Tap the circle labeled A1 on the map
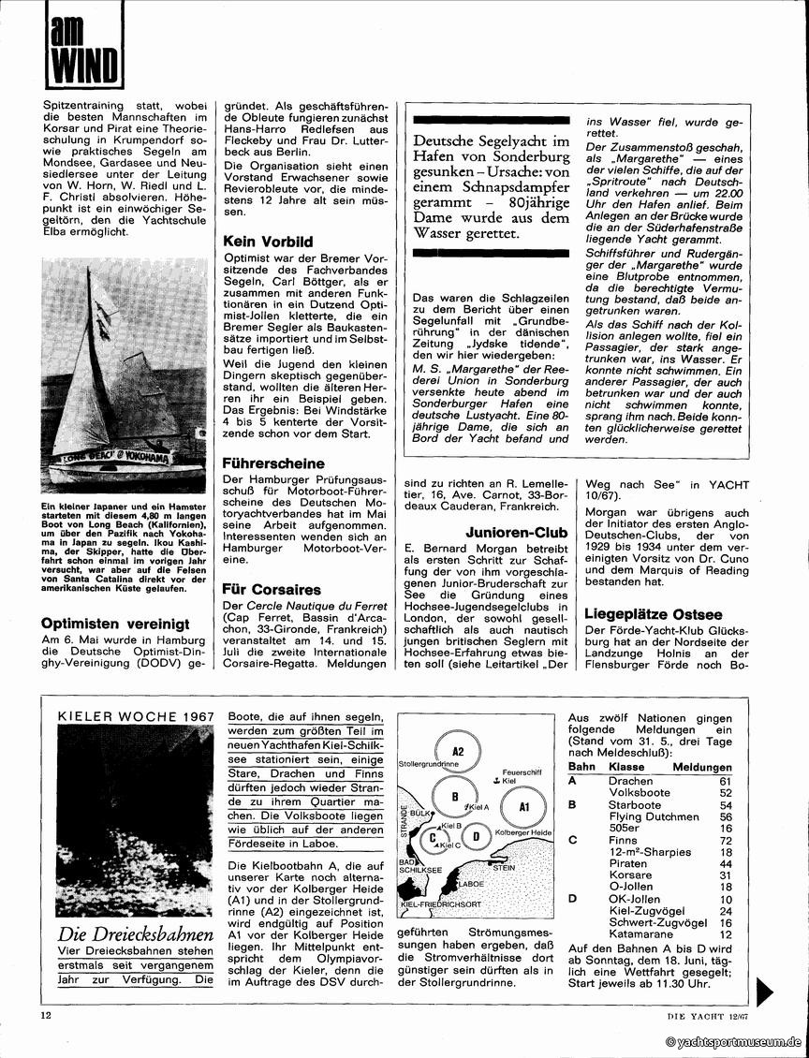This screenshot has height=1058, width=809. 524,805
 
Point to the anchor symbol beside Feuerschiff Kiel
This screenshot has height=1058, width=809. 495,779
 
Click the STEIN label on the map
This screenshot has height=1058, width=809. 504,868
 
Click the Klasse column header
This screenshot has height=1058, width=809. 622,768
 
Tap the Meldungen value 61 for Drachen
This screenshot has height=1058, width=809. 723,780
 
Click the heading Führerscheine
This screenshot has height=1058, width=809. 273,463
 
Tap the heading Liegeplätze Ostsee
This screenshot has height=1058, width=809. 653,614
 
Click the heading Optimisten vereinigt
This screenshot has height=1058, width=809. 115,623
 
